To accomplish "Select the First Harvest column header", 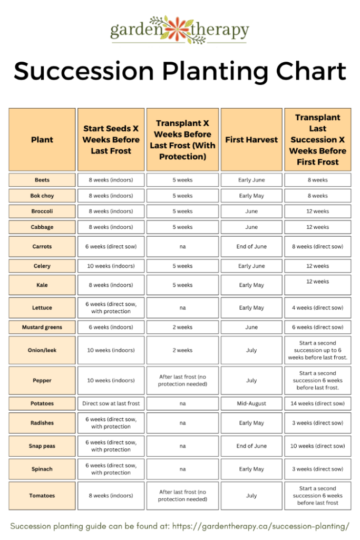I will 251,140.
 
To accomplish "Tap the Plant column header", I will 42,140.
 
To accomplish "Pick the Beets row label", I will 42,180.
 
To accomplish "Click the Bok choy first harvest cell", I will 251,196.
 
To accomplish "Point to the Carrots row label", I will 42,246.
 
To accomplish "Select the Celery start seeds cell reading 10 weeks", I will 111,266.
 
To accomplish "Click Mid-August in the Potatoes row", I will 251,403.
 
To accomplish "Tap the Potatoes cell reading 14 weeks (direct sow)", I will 317,403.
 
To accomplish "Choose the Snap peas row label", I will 42,446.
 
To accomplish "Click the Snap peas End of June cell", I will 251,446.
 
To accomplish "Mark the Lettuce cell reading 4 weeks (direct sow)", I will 317,307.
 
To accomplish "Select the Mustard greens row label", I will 42,327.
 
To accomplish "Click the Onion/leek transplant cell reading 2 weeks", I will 182,350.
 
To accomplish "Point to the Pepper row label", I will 42,380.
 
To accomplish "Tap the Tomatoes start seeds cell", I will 111,496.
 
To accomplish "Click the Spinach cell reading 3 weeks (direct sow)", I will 317,469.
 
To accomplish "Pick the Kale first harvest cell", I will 251,285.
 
